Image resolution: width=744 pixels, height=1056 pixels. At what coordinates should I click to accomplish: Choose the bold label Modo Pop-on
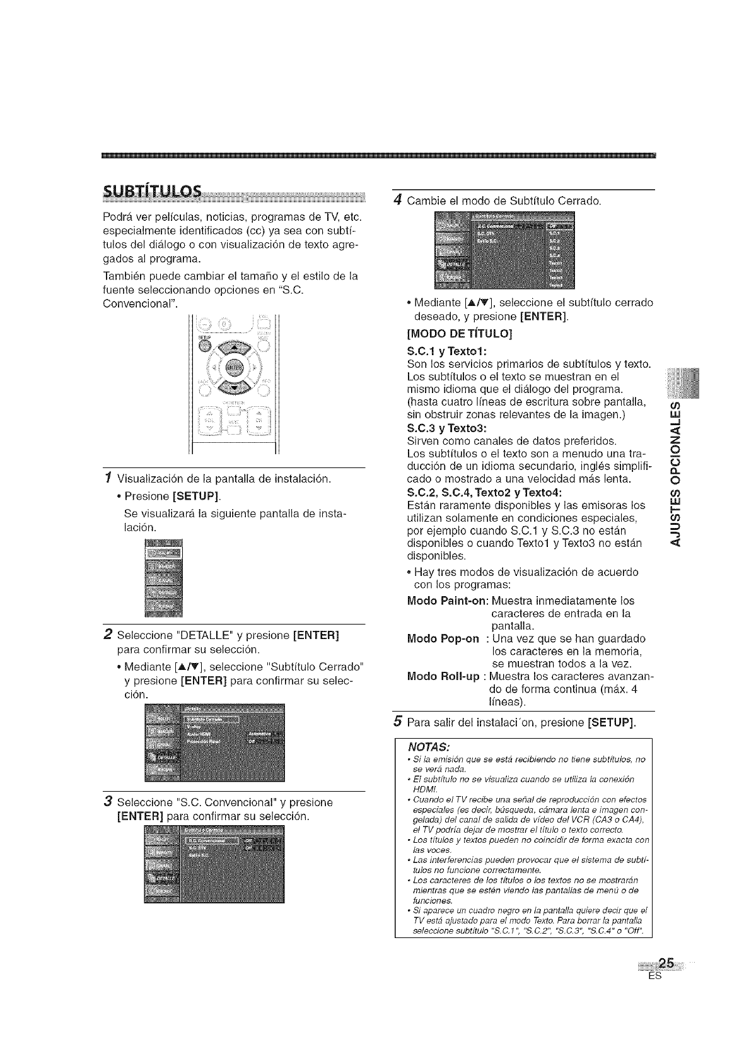tap(443, 638)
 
